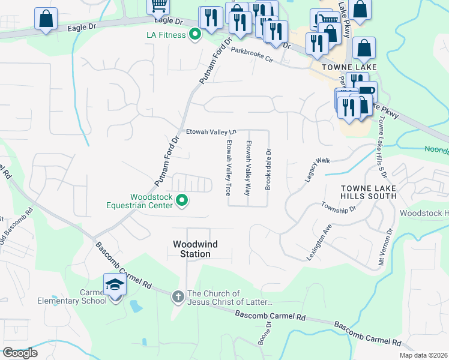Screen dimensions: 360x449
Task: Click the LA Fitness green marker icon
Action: click(194, 35)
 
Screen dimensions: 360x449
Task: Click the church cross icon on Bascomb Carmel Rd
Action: click(178, 296)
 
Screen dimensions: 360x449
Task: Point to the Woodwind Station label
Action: click(191, 249)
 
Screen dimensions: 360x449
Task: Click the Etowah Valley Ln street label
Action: click(211, 132)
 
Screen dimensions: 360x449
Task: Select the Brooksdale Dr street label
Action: click(268, 169)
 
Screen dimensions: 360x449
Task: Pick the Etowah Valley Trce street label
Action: click(229, 169)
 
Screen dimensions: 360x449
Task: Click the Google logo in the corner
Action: click(20, 353)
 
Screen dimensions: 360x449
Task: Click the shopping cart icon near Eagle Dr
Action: click(158, 5)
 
